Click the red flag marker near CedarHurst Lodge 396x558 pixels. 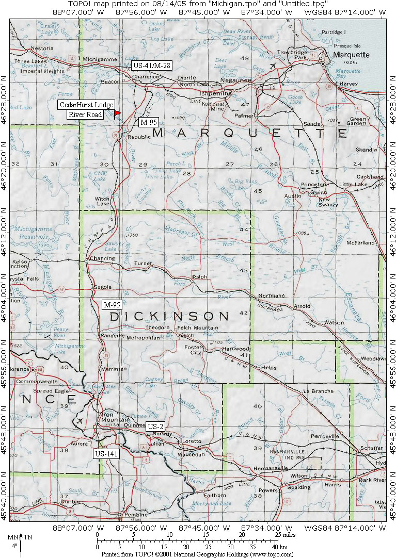click(117, 112)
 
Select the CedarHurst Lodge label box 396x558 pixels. click(86, 105)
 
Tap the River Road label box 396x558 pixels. click(85, 114)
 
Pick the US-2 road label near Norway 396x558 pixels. click(155, 426)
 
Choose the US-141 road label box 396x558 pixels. click(107, 453)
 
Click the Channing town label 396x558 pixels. click(98, 258)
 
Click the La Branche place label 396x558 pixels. click(319, 391)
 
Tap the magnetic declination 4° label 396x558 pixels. click(14, 545)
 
